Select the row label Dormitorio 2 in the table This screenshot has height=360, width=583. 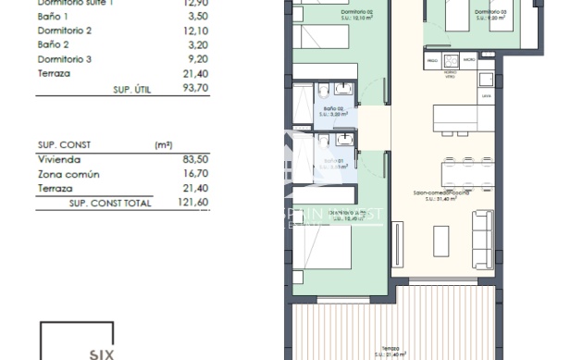65,30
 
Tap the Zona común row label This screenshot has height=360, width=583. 68,173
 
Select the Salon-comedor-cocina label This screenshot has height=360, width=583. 440,193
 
